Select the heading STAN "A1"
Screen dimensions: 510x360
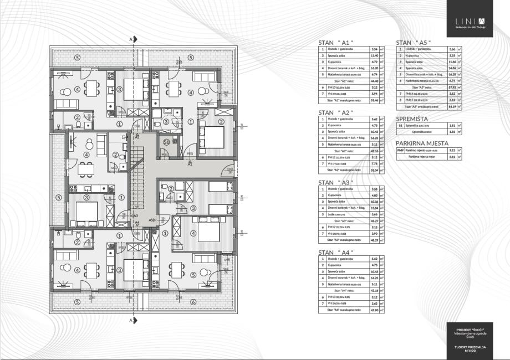335,43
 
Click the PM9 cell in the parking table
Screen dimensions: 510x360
400,150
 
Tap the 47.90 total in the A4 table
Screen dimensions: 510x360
374,310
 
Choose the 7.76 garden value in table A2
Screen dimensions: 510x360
374,163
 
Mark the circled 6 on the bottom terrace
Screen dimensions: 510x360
192,302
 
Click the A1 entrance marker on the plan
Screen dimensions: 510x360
189,164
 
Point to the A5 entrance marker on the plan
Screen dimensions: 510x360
151,220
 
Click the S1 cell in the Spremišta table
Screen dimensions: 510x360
400,126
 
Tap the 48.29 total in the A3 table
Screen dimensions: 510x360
374,240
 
